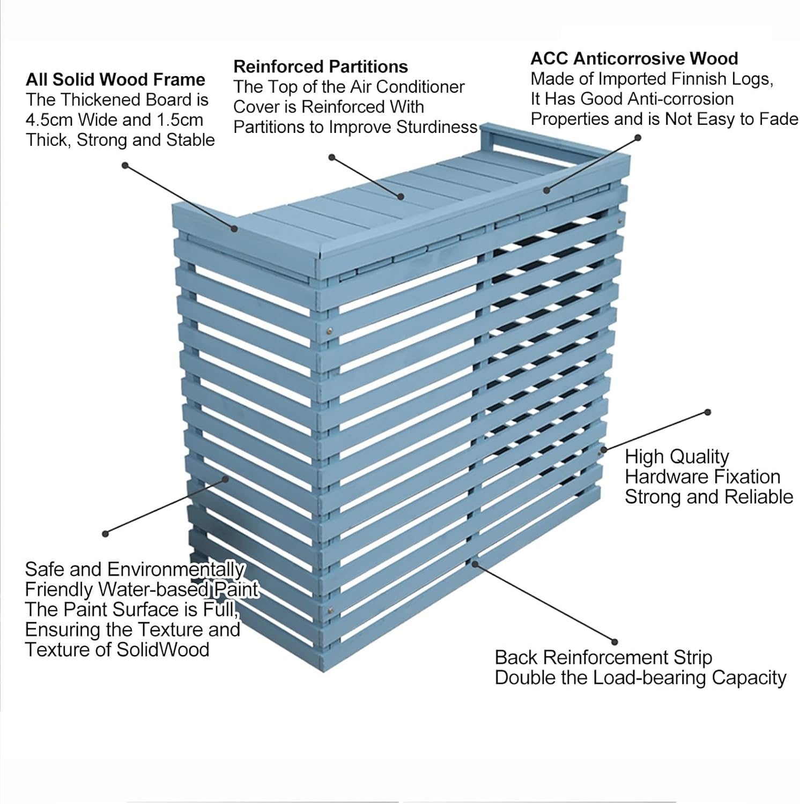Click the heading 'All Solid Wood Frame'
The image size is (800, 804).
pyautogui.click(x=115, y=80)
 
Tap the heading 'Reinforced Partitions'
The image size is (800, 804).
pyautogui.click(x=321, y=66)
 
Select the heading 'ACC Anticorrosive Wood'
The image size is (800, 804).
pyautogui.click(x=634, y=58)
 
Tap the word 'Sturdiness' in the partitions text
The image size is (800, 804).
pyautogui.click(x=436, y=127)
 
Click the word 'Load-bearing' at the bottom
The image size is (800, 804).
pyautogui.click(x=672, y=678)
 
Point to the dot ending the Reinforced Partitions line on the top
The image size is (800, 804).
pyautogui.click(x=401, y=197)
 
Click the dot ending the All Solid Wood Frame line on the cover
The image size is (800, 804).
pyautogui.click(x=234, y=229)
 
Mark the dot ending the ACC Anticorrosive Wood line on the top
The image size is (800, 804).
pyautogui.click(x=547, y=190)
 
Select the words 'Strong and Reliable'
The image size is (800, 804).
pyautogui.click(x=708, y=497)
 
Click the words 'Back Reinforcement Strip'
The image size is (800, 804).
pyautogui.click(x=603, y=657)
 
